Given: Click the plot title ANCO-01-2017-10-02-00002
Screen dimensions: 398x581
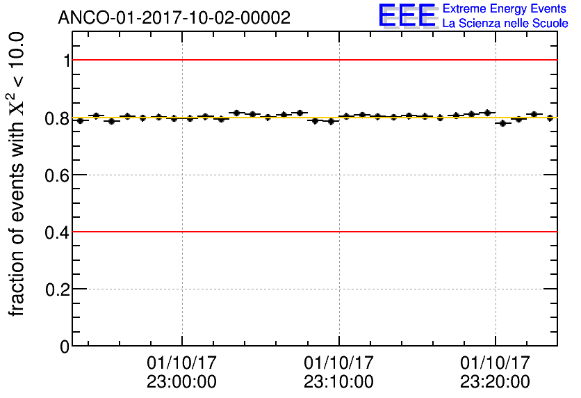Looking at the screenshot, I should click(x=174, y=18).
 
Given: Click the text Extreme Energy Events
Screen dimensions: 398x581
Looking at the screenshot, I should click(x=504, y=9).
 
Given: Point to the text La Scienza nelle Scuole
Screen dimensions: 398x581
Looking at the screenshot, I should click(x=505, y=24).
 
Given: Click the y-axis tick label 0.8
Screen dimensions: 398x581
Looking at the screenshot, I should click(x=58, y=118).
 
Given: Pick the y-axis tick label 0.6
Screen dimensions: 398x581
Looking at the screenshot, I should click(x=58, y=175).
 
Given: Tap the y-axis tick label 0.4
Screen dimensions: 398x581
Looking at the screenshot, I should click(x=58, y=232).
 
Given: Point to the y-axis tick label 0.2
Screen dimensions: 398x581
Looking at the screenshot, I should click(x=58, y=289).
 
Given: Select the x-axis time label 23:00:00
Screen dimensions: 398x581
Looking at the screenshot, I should click(x=181, y=382).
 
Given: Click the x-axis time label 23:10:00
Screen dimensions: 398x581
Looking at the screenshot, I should click(x=338, y=382).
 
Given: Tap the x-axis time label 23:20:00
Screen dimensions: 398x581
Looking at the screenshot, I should click(x=495, y=382).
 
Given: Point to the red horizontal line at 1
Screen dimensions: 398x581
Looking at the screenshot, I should click(x=313, y=61).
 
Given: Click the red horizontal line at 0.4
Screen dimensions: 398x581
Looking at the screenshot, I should click(x=313, y=232).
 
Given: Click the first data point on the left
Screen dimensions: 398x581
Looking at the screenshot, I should click(x=80, y=120).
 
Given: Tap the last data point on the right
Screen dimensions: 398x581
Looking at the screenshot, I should click(x=550, y=118).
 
